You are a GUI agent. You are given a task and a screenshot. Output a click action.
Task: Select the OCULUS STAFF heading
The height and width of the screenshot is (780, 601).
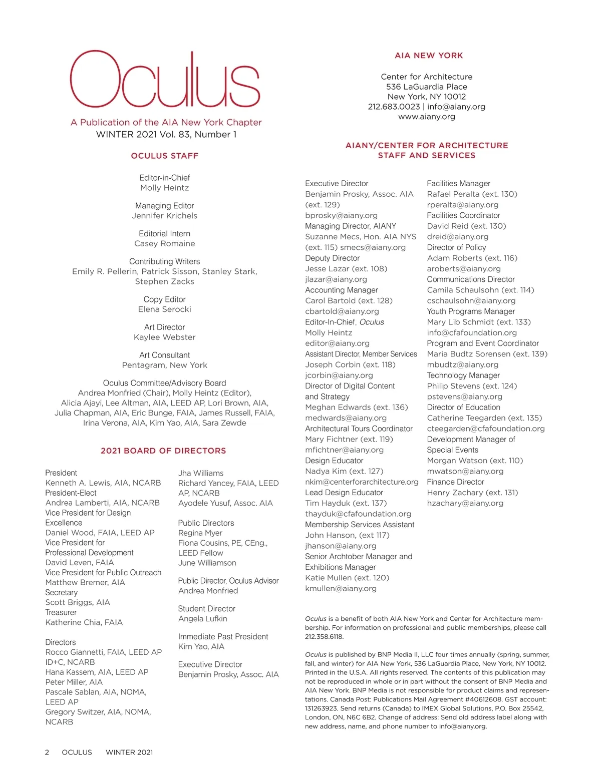coord(165,156)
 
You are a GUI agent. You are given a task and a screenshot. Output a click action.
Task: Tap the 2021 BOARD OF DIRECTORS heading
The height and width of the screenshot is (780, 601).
coord(163,451)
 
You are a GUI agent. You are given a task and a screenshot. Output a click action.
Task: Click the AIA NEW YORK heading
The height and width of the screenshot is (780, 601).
coord(429,56)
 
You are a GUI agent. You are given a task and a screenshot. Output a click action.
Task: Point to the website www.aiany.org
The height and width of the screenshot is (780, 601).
coord(427,117)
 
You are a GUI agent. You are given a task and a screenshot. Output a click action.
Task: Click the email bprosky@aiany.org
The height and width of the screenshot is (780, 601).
coord(341,215)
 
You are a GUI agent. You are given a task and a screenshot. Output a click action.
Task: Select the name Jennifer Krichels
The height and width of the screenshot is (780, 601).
coord(165,216)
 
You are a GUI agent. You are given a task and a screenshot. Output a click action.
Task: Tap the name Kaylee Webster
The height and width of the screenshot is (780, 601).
coord(165,337)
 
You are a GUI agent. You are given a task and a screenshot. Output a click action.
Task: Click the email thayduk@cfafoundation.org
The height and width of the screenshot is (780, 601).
coord(358,514)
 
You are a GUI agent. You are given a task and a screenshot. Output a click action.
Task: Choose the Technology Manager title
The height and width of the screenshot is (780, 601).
coord(463,375)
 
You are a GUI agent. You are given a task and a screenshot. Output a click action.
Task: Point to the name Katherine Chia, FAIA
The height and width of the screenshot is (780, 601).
coord(84,622)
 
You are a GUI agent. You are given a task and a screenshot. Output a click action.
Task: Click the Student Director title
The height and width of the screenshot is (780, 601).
coord(207,609)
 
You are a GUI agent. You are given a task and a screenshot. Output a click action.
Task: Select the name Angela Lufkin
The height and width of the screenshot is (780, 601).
coord(203,619)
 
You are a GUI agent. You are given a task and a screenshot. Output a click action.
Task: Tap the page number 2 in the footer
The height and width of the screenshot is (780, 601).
coord(47,752)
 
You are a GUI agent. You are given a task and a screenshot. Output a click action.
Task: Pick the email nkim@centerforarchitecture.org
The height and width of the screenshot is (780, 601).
coord(362,482)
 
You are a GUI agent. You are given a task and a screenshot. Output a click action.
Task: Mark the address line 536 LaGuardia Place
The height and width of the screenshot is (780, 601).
coord(427,87)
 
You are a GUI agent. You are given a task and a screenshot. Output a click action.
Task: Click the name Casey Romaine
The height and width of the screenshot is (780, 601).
coord(165,244)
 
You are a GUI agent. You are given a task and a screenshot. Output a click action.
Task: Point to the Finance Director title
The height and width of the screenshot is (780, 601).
coord(455,482)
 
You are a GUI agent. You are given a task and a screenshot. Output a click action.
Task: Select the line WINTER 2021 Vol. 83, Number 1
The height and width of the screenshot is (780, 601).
coord(166,134)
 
